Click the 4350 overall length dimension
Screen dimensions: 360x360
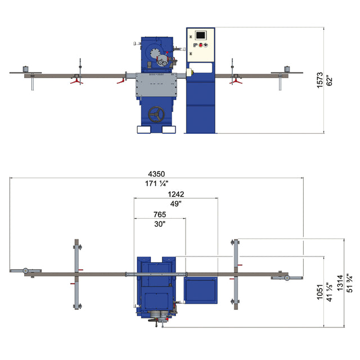pyautogui.click(x=157, y=173)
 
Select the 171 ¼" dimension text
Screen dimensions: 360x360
pyautogui.click(x=157, y=183)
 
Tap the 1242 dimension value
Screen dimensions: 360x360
pyautogui.click(x=176, y=193)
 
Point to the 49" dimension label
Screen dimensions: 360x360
pyautogui.click(x=176, y=204)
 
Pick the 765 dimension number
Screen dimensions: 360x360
pyautogui.click(x=160, y=214)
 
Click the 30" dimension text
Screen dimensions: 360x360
pyautogui.click(x=160, y=224)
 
